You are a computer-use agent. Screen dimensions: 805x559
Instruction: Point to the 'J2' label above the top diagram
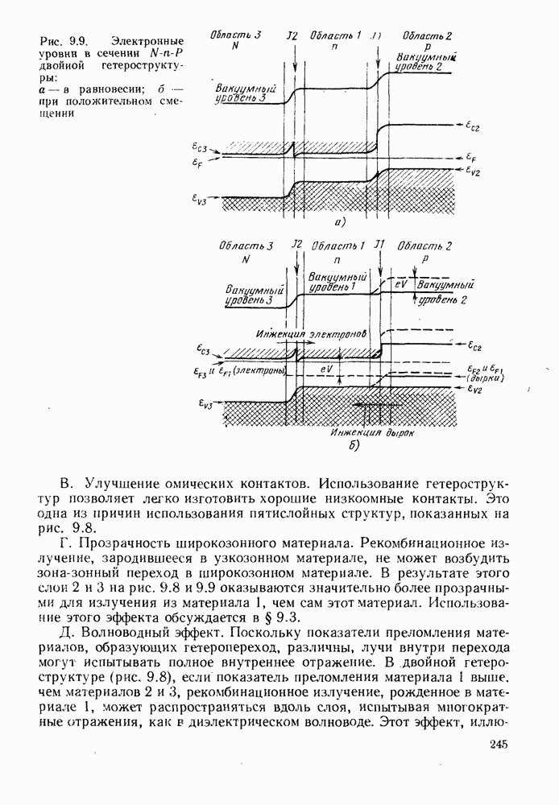[x=292, y=36]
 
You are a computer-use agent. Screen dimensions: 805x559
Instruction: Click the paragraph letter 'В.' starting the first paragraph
[x=68, y=485]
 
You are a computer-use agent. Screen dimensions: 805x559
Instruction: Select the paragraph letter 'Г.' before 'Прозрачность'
[x=68, y=546]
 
